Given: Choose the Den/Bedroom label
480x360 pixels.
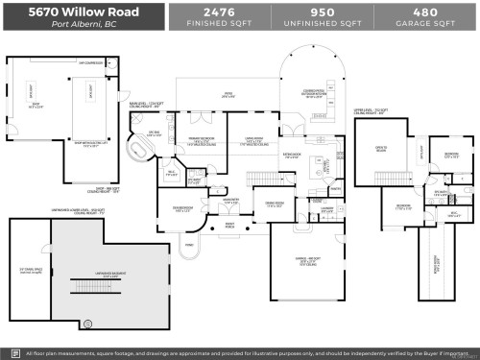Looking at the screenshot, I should (x=184, y=208).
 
